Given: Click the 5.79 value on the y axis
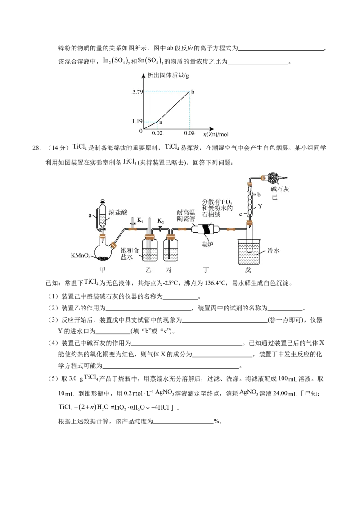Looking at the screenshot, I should pos(136,92).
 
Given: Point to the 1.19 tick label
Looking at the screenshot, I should pos(136,121).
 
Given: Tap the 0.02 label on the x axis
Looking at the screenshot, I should pos(157,134).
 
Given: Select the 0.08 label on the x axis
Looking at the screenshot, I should pos(189,134).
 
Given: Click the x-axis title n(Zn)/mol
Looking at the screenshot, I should pos(216,134).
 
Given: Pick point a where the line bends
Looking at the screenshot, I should pos(157,121).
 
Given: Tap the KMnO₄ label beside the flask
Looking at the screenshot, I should pos(81,255).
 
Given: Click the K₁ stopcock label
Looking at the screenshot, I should pos(141,220).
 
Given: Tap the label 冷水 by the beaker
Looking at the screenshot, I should pos(274,251).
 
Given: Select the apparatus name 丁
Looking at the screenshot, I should pos(206,269).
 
